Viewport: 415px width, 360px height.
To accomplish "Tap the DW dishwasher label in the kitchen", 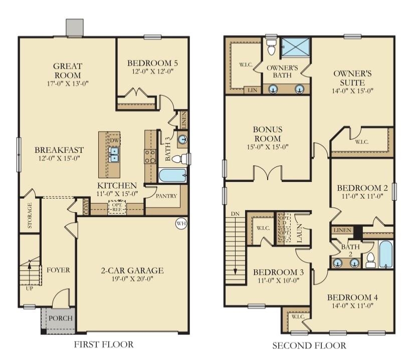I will [114, 141].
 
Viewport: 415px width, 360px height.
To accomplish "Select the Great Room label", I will [68, 70].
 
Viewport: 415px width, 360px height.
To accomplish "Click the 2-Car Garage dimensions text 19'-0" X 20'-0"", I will [130, 281].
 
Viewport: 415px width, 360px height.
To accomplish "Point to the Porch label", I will [61, 318].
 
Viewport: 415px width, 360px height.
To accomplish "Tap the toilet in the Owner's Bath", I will [271, 48].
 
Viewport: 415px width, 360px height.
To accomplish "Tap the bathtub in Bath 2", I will [386, 254].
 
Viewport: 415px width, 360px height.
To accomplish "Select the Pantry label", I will [166, 196].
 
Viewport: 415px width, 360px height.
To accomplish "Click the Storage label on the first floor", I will [30, 215].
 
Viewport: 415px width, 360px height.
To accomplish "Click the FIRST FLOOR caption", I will [104, 344].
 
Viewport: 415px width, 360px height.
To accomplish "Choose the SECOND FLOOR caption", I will [309, 345].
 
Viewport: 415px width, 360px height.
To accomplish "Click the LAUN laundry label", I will [299, 234].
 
